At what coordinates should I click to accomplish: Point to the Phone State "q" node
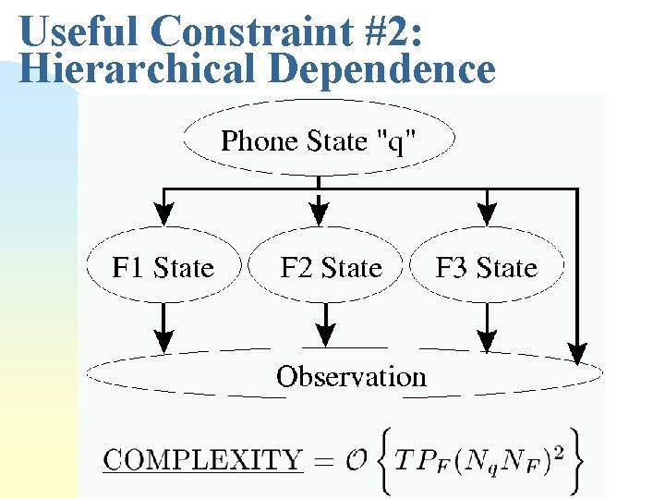click(x=319, y=141)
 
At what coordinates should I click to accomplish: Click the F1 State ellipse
click(x=163, y=268)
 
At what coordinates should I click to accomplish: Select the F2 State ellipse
click(x=331, y=268)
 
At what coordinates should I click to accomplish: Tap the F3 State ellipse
click(x=486, y=268)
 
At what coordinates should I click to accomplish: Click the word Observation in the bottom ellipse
click(x=351, y=377)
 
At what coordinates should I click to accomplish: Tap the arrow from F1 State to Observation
click(x=163, y=328)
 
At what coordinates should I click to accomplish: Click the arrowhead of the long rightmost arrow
click(x=576, y=352)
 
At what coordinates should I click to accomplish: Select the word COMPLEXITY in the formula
click(x=202, y=460)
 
